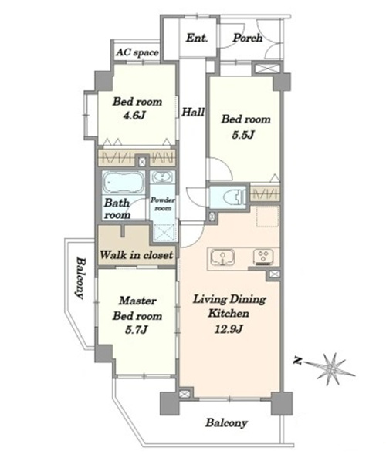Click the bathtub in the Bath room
(x=124, y=183)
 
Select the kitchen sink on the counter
(x=222, y=257)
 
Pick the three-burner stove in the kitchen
(x=263, y=257)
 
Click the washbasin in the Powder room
(x=163, y=177)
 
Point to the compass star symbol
(x=330, y=368)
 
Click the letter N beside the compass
(x=297, y=361)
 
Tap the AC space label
(x=137, y=52)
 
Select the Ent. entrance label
(x=197, y=38)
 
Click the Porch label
(x=248, y=38)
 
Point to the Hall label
(x=193, y=112)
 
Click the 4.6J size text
(x=134, y=116)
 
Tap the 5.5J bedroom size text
(x=243, y=135)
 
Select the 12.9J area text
(x=229, y=329)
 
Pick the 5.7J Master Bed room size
(x=137, y=330)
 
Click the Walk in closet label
(x=137, y=255)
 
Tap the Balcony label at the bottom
(x=226, y=423)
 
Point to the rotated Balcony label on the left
(x=80, y=277)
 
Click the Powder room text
(x=163, y=204)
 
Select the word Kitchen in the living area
(x=229, y=314)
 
